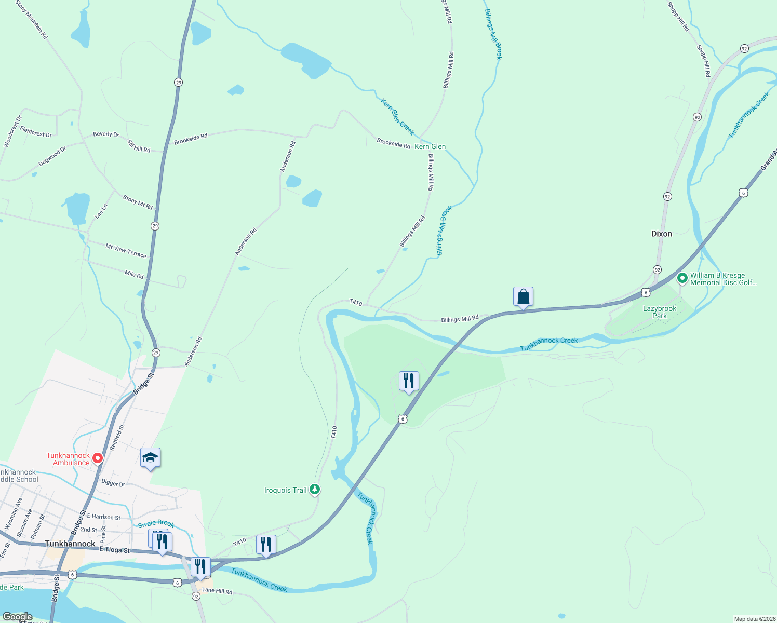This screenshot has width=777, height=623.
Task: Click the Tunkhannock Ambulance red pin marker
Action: point(98,458)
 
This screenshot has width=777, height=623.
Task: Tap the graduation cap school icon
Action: point(150,458)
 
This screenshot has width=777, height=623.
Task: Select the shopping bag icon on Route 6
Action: point(523,297)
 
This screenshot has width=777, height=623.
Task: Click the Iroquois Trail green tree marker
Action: point(314,489)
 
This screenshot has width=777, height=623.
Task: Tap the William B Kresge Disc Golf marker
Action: point(682,279)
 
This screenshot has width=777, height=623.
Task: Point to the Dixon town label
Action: point(661,234)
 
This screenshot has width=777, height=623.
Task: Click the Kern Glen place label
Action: point(430,147)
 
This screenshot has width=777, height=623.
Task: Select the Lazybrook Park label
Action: point(660,312)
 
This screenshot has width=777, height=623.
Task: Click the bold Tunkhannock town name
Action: point(70,544)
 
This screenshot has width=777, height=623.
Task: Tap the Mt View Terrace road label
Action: point(126,251)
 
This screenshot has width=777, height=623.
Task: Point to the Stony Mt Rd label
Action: point(138,202)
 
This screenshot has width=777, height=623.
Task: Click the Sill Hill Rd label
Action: point(139,146)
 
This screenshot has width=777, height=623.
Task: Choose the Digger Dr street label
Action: point(113,483)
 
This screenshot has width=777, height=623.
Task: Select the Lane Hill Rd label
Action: point(217,591)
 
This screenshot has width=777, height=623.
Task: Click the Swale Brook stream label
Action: point(156,524)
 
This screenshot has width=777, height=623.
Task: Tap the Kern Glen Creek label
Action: point(397,117)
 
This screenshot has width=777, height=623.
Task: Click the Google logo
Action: point(18,617)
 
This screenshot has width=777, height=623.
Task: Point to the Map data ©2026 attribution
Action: point(753,619)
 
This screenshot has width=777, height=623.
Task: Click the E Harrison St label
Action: point(103,517)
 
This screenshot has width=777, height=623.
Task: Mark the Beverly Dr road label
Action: point(106,134)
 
